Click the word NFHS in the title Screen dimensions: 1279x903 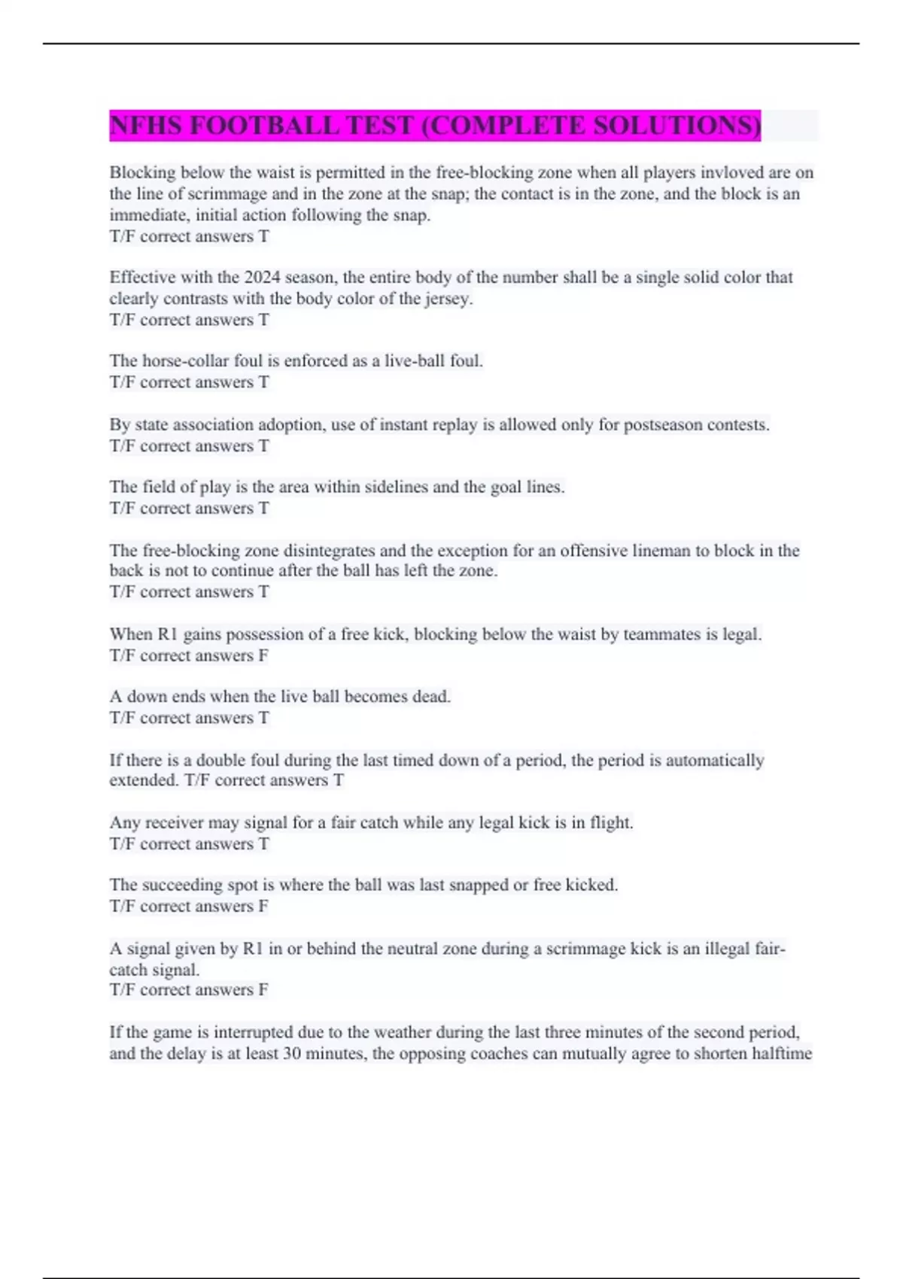pos(147,125)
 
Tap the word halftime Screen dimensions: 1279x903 pos(780,1053)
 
